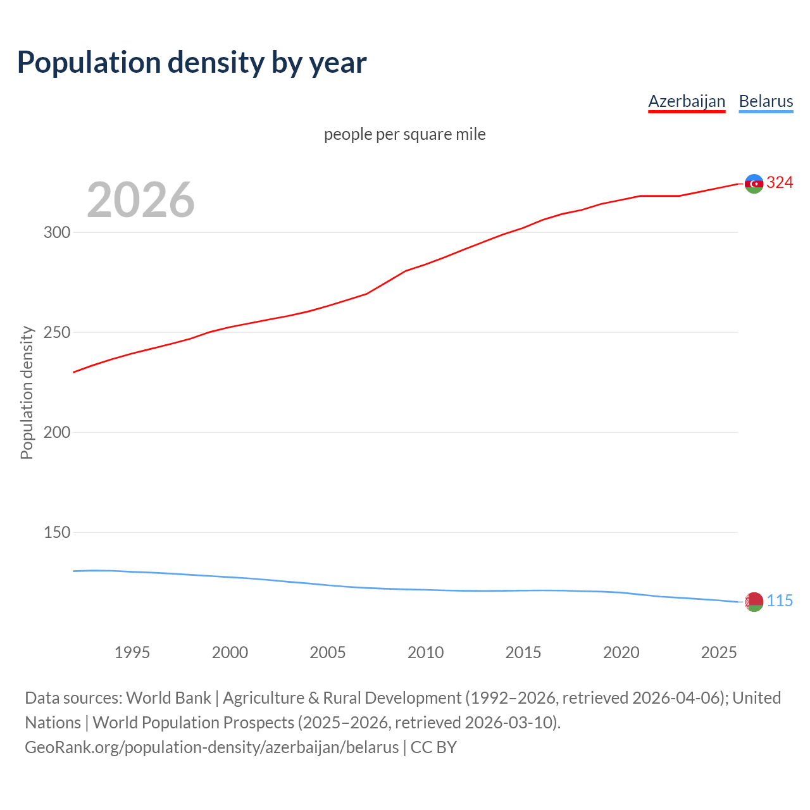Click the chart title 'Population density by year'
click(x=192, y=63)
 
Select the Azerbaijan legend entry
click(x=687, y=101)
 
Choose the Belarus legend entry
click(x=766, y=101)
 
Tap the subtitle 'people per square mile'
click(x=405, y=134)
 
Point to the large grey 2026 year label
click(x=140, y=200)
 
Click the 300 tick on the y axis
click(x=57, y=232)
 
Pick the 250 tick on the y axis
click(x=57, y=332)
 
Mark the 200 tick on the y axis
click(x=57, y=432)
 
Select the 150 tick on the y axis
click(x=57, y=532)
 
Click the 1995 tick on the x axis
click(x=132, y=652)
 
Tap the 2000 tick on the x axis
click(x=230, y=652)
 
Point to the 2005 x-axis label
click(x=328, y=652)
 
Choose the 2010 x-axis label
click(x=425, y=652)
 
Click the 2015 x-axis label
click(x=523, y=652)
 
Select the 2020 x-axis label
click(x=621, y=652)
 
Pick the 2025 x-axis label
click(x=719, y=652)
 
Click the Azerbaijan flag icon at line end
click(x=754, y=184)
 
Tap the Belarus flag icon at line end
click(x=754, y=602)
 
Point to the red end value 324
click(x=780, y=183)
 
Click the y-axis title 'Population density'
click(x=27, y=392)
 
